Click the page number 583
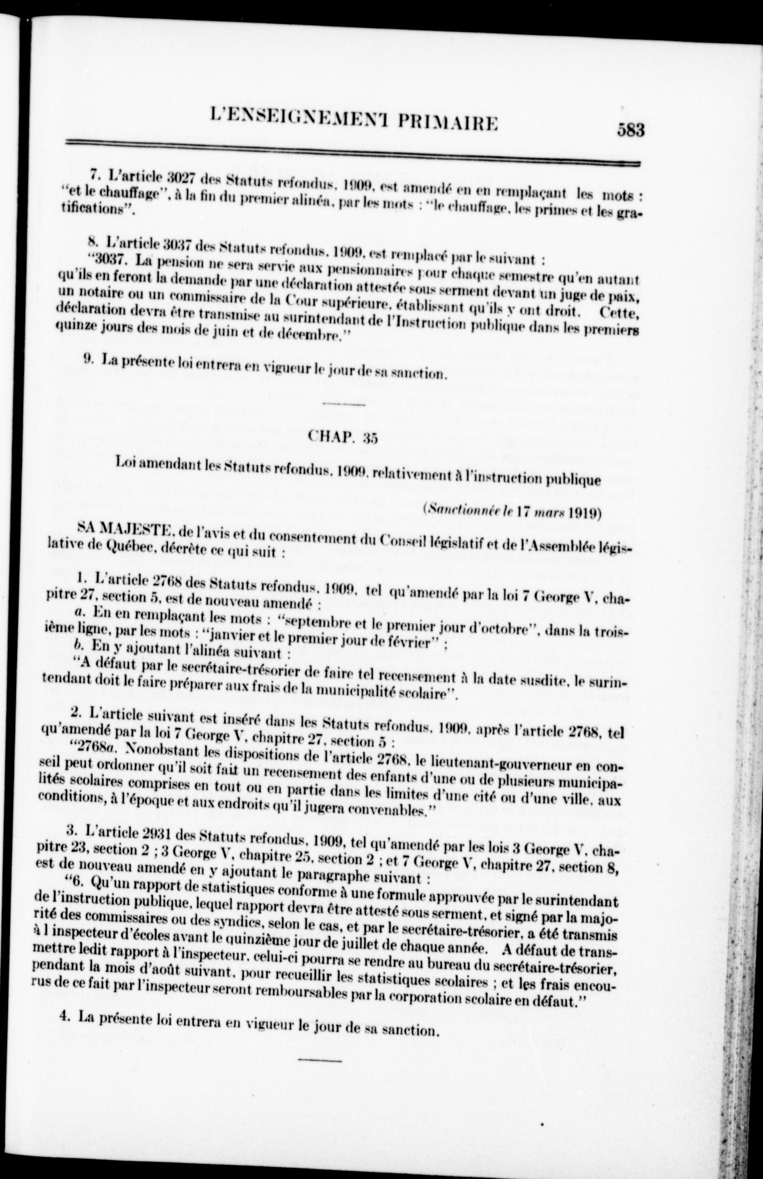(630, 130)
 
